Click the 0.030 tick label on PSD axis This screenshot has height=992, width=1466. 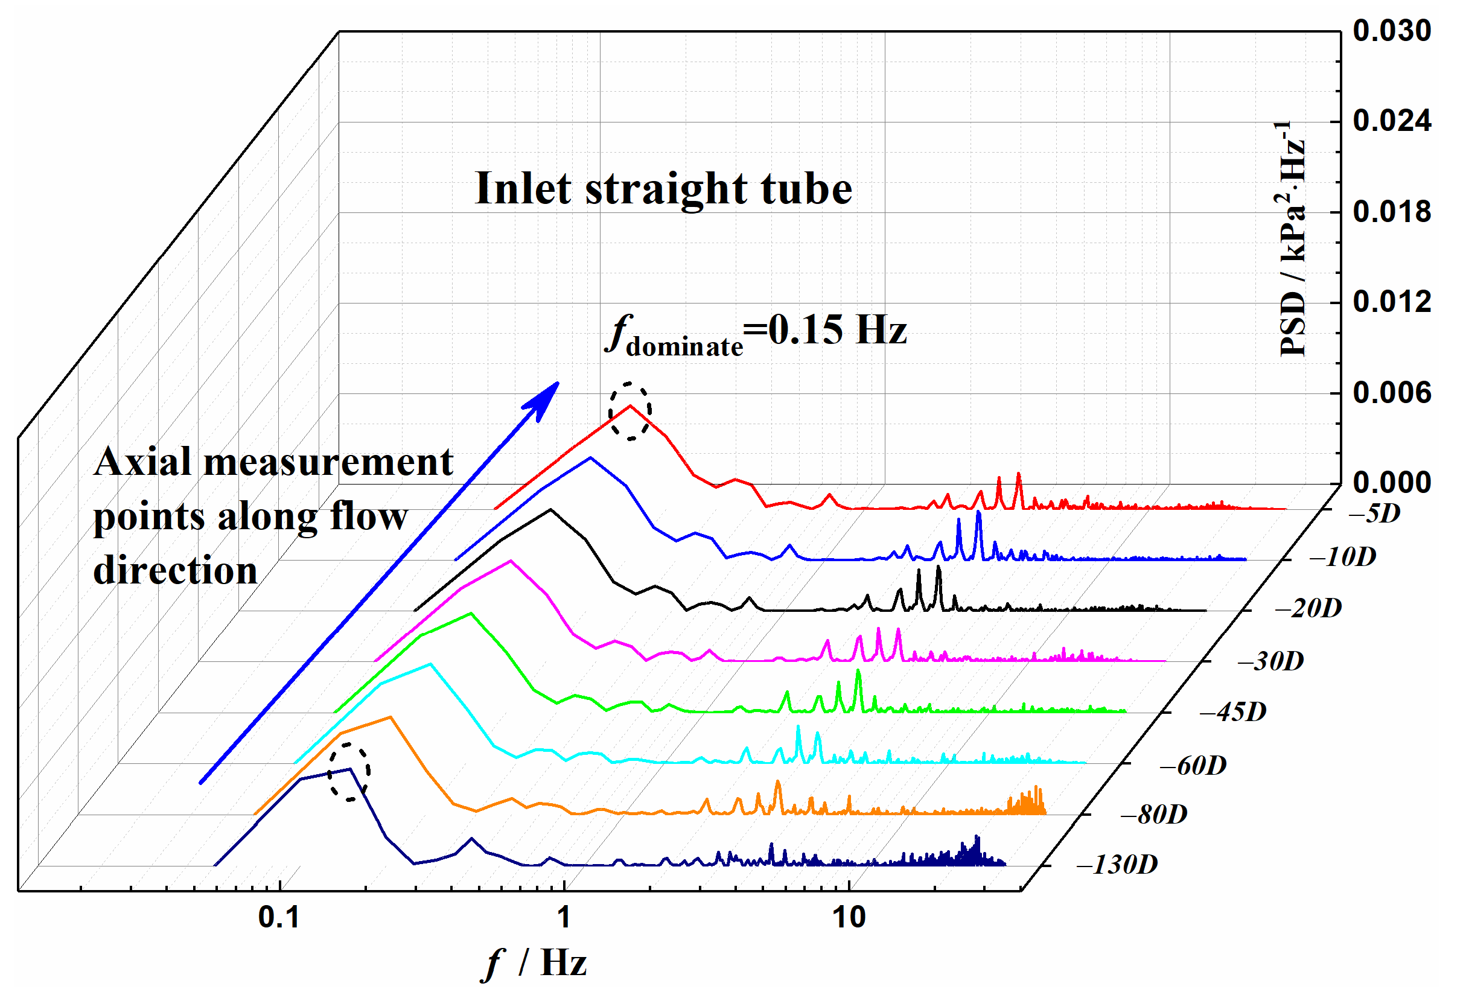coord(1391,31)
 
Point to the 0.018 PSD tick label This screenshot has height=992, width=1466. coord(1391,212)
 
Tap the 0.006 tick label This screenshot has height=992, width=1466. coord(1391,393)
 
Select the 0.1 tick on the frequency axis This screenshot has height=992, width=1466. coord(279,918)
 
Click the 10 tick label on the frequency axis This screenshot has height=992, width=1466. coord(849,918)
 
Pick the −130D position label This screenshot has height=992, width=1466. coord(1117,865)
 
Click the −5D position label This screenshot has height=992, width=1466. coord(1374,513)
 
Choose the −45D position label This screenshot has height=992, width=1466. coord(1232,712)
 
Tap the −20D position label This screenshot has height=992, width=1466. coord(1308,609)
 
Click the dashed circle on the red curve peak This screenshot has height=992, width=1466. coord(629,411)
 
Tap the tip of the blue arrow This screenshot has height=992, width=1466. coord(558,382)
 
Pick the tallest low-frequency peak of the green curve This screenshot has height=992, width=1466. coord(471,613)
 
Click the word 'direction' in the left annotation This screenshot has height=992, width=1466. coord(176,571)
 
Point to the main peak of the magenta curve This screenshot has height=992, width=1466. coord(511,560)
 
